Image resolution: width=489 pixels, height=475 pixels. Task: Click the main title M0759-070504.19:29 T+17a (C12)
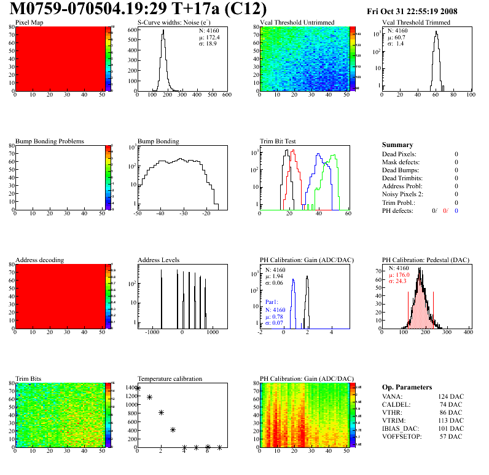[138, 9]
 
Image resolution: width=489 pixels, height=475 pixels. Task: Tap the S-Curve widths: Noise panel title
[174, 23]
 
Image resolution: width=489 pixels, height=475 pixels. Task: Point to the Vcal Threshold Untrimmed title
[297, 23]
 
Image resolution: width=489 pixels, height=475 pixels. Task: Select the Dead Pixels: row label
[399, 154]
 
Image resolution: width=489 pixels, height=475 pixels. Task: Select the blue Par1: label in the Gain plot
[272, 303]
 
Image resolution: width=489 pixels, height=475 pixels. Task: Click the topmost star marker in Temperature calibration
[138, 388]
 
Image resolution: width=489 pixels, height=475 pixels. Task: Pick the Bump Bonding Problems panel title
[50, 142]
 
